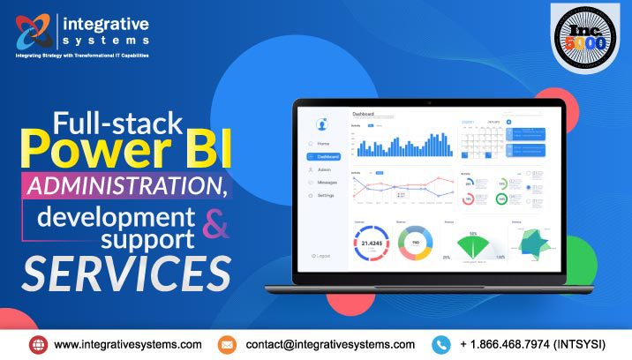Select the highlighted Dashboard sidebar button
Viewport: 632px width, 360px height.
324,156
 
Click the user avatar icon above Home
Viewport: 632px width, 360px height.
322,124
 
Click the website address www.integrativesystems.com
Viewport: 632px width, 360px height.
128,344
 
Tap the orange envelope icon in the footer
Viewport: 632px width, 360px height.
227,344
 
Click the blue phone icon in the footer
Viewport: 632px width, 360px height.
441,344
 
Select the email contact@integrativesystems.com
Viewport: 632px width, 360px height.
330,344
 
